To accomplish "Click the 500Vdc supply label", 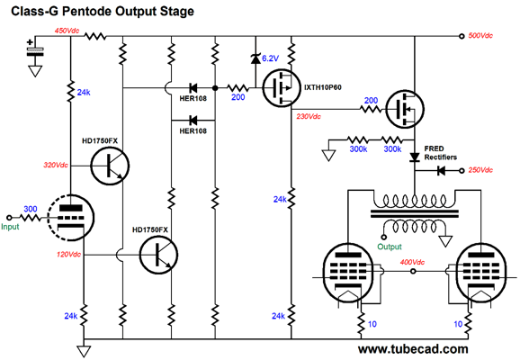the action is click(480, 35).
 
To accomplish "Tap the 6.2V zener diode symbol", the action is click(256, 58).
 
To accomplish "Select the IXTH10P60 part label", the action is click(323, 87).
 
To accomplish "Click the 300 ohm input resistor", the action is click(31, 218).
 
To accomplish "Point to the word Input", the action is click(10, 227).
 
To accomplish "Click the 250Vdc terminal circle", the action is click(462, 170).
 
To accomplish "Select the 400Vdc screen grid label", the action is click(412, 262).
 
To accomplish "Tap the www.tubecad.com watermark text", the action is click(413, 349).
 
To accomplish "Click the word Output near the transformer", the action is click(390, 247).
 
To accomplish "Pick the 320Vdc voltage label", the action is click(56, 165).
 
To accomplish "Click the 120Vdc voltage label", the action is click(68, 255).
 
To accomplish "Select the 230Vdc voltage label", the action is click(309, 116).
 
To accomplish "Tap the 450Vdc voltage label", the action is click(67, 31).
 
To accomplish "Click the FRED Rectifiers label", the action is click(441, 153).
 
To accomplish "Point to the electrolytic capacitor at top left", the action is click(35, 52).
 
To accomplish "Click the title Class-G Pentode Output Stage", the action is click(103, 11).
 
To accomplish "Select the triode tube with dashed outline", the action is click(71, 218).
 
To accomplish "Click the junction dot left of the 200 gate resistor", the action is click(215, 88).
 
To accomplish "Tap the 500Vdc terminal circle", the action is click(462, 36).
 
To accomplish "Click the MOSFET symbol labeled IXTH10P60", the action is click(282, 88).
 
